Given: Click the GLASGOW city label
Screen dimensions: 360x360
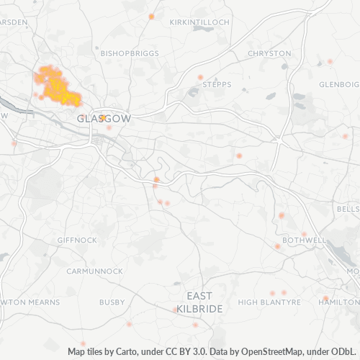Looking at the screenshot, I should pos(104,118).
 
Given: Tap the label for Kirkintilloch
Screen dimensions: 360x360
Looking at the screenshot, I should pos(199,22).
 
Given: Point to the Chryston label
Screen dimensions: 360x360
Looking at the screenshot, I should pos(269,53).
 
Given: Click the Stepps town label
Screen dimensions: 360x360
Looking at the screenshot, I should pos(217,84).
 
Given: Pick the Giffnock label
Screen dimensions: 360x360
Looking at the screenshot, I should pos(76,239).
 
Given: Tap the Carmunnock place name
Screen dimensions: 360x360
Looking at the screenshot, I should pos(90,271).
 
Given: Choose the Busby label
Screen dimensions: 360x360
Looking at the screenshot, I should pos(112,302).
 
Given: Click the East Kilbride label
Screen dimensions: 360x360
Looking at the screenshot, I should pos(199,302).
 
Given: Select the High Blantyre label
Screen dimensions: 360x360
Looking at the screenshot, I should pos(269,302).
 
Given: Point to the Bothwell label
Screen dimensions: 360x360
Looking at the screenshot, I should pos(305,239).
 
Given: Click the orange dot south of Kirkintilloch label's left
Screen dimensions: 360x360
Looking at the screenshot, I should pos(151,16).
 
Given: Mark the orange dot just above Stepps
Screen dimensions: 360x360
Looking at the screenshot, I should pos(201,77).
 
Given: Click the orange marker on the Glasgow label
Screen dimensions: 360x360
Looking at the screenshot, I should pos(103,117).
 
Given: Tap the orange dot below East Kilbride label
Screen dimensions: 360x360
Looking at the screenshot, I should pos(195,325).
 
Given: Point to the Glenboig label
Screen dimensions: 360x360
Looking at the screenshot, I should pos(338,84).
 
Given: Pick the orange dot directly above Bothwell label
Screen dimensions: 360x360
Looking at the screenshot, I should pos(304,233).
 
